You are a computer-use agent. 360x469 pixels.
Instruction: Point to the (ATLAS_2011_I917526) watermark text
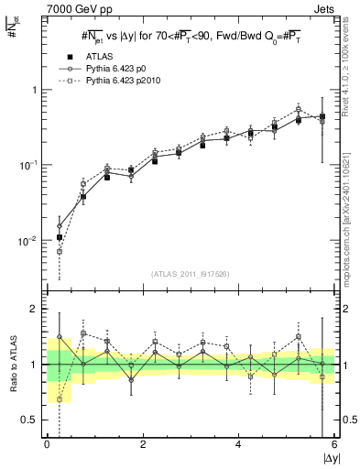[191, 274]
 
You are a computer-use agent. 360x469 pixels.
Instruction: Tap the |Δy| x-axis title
[330, 457]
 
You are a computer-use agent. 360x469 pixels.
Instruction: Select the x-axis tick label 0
[47, 445]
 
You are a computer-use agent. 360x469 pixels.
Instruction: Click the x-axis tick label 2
[143, 445]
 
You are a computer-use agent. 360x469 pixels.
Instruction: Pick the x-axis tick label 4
[239, 445]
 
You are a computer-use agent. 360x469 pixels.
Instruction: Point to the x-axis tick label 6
[334, 445]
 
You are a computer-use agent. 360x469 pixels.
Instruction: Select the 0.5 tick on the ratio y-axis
[29, 420]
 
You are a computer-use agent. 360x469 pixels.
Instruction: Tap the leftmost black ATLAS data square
[60, 237]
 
